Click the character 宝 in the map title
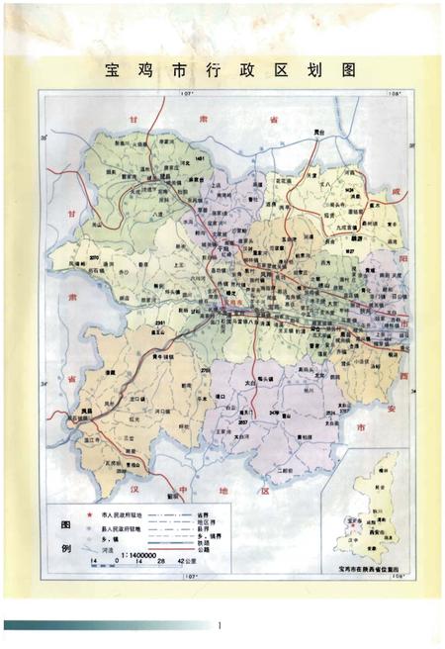point(113,71)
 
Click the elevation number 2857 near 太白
point(241,421)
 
